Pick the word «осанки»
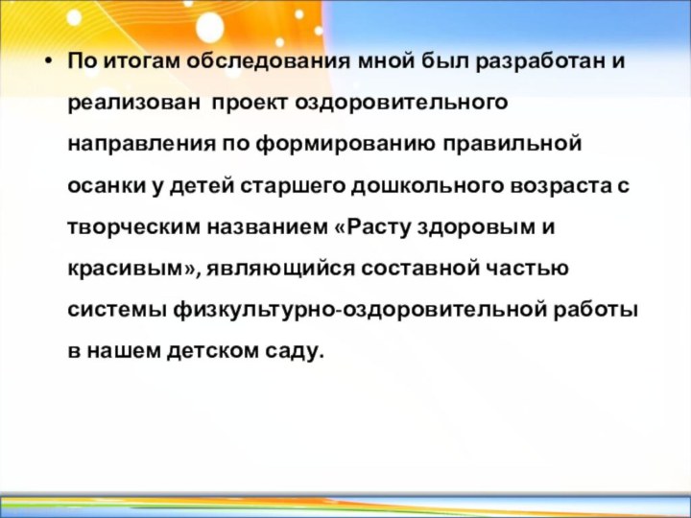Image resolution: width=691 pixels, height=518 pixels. point(103,186)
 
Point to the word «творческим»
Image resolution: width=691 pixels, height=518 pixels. point(128,228)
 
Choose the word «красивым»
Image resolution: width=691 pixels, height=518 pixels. point(127,270)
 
